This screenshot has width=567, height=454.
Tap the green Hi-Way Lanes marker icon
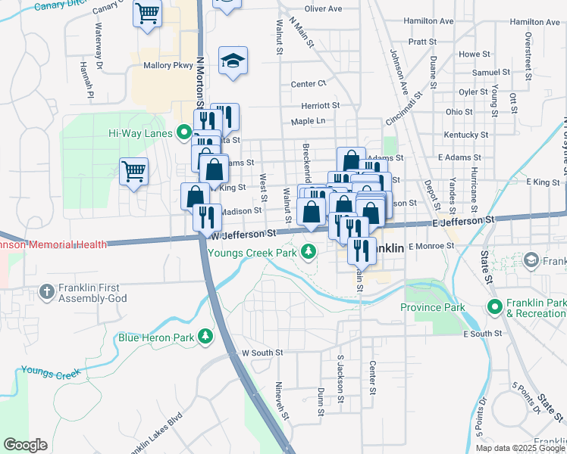click(183, 133)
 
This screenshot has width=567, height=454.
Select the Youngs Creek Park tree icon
click(308, 251)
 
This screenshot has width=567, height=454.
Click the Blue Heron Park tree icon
click(205, 336)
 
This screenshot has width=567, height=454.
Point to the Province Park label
click(432, 308)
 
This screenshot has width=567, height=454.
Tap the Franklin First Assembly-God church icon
click(47, 291)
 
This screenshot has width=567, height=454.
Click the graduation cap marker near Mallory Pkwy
click(233, 61)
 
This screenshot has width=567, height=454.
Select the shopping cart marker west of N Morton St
click(133, 171)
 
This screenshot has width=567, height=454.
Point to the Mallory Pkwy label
click(164, 66)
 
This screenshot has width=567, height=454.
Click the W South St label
click(262, 353)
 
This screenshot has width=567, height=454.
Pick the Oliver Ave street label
click(323, 9)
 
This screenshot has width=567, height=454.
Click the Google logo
click(24, 445)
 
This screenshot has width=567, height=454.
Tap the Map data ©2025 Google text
click(519, 448)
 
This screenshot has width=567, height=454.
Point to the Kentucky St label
click(462, 134)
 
